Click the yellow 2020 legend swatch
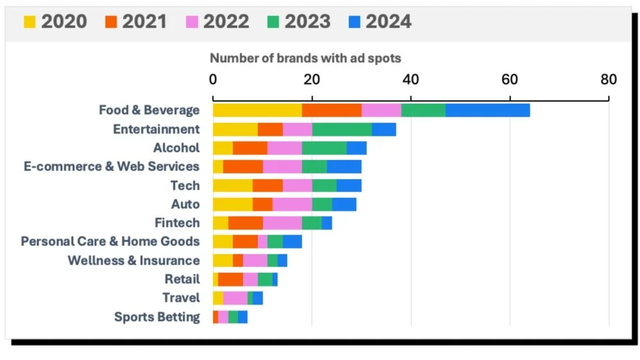(29, 22)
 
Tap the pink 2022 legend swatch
(191, 22)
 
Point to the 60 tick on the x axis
(509, 79)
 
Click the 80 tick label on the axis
(608, 79)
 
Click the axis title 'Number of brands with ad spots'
(306, 58)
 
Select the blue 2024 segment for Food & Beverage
(488, 110)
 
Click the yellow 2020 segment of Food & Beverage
(257, 110)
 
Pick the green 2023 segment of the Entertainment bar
(341, 129)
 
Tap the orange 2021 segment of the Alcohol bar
(250, 148)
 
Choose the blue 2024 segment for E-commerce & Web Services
(344, 167)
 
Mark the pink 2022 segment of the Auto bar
(292, 204)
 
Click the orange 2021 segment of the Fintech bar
(245, 223)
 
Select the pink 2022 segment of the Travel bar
(235, 298)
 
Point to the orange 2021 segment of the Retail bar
(230, 279)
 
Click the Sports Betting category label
(157, 317)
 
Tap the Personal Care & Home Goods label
(110, 241)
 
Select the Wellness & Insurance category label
(133, 261)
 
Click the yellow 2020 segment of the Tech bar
(233, 186)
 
